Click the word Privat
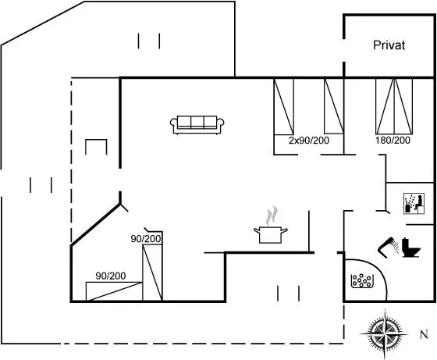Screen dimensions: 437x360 point(389,45)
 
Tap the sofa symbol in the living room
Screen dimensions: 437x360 point(197,125)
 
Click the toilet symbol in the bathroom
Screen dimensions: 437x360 point(410,247)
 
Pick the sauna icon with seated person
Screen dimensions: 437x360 point(414,204)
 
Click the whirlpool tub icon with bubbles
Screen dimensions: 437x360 point(362,281)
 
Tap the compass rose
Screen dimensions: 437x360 point(385,333)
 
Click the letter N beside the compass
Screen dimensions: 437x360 point(424,334)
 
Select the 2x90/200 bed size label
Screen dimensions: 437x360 point(309,141)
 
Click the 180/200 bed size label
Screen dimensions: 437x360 point(393,140)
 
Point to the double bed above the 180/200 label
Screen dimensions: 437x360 point(394,106)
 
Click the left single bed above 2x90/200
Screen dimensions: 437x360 point(284,106)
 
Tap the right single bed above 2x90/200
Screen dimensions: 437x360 point(334,106)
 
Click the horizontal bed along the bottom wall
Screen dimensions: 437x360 point(114,291)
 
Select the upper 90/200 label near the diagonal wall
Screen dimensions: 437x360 point(146,239)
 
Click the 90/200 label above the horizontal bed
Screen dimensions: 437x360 point(111,276)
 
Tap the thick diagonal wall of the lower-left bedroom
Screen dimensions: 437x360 point(95,225)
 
